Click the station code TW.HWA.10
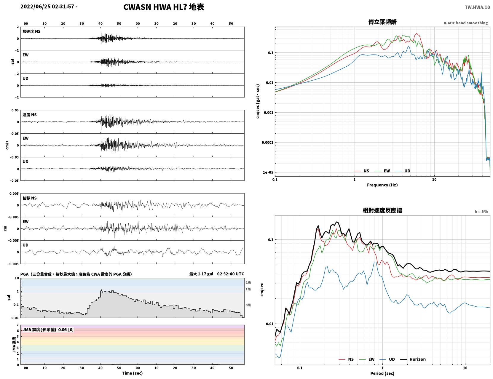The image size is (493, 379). [477, 7]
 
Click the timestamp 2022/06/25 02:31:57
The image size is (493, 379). [47, 7]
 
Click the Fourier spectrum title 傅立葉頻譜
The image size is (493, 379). [382, 22]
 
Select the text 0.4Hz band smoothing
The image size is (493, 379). [465, 23]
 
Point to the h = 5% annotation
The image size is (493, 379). [481, 212]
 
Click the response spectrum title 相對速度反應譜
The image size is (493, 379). [382, 210]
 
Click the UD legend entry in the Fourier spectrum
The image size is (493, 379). [403, 171]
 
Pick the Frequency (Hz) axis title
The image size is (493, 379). [382, 185]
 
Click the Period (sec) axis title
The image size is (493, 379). [382, 373]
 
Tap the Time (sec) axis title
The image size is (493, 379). [132, 373]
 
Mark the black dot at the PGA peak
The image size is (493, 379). [101, 290]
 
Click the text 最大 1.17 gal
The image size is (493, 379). [201, 274]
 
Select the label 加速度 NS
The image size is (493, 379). [31, 31]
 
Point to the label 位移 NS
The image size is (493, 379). [29, 198]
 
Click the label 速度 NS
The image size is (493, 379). [29, 115]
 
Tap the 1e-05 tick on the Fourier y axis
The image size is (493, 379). [268, 172]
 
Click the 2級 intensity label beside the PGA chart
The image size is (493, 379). [248, 282]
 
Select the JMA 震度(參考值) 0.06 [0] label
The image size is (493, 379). [48, 330]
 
